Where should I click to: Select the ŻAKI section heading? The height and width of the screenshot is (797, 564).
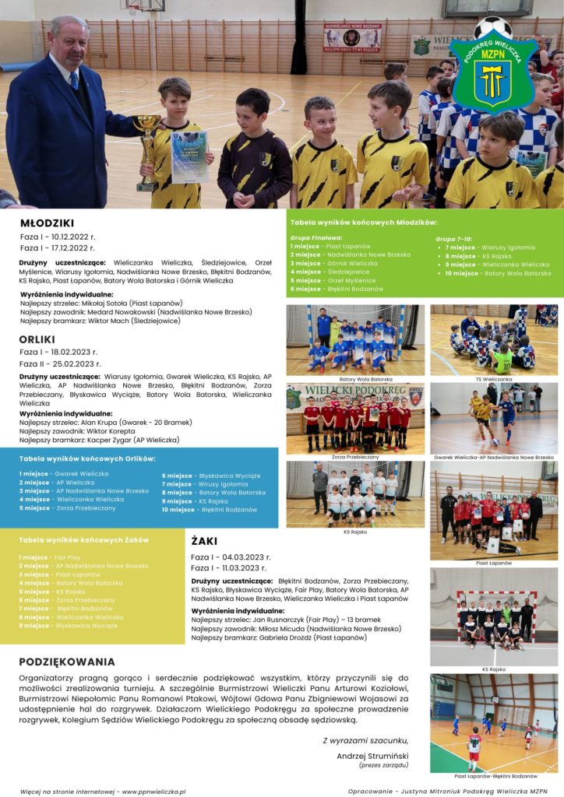[x=204, y=540]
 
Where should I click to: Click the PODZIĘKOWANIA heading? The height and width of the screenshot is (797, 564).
[x=67, y=662]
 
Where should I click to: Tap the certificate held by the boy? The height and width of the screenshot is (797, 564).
[x=189, y=156]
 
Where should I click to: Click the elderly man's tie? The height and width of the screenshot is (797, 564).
[x=74, y=80]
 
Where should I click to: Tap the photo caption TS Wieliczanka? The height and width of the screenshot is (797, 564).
[x=494, y=379]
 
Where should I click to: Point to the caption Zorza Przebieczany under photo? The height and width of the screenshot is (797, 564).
[x=354, y=457]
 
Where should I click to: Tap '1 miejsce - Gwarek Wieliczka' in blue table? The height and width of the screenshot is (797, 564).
[x=64, y=473]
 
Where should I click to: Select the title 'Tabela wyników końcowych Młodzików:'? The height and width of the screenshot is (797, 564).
[x=364, y=223]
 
